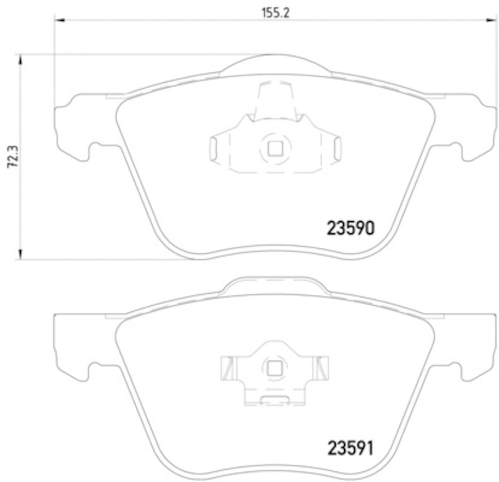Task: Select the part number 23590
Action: coord(351,229)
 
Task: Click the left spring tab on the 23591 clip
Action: coord(228,368)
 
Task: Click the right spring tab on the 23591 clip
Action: coord(322,368)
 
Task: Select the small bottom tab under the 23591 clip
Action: coord(273,400)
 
